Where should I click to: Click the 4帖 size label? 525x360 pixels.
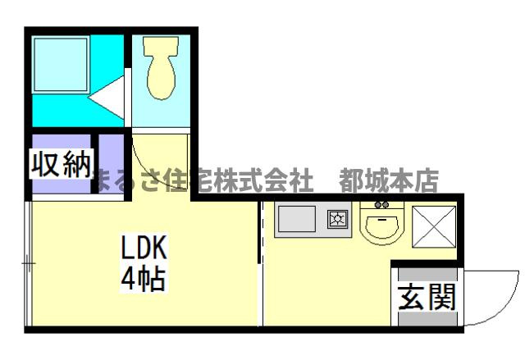click(x=144, y=279)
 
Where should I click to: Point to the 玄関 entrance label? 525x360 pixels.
click(x=426, y=297)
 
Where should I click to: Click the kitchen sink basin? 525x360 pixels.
click(x=296, y=219)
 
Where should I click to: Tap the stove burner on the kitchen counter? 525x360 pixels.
click(x=338, y=219)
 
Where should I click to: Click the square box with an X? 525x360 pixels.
click(x=433, y=225)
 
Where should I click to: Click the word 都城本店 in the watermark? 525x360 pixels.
click(x=393, y=180)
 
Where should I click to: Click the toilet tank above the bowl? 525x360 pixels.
click(x=160, y=47)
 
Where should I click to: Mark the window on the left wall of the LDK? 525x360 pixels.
click(x=28, y=263)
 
